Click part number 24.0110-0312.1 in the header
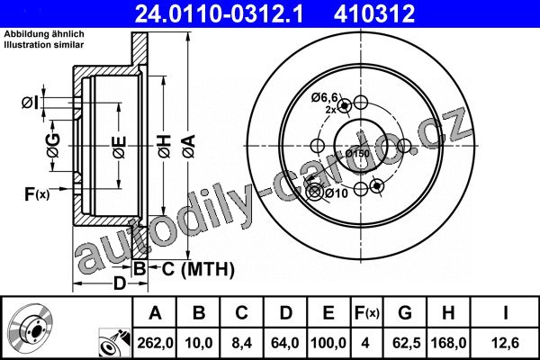[219, 13]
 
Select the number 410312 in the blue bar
[374, 13]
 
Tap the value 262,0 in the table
[155, 343]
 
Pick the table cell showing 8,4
[241, 343]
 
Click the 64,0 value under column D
[285, 343]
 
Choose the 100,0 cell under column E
[328, 343]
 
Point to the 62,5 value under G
[407, 343]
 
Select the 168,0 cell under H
[449, 343]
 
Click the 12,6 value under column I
[505, 343]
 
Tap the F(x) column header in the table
[367, 313]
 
